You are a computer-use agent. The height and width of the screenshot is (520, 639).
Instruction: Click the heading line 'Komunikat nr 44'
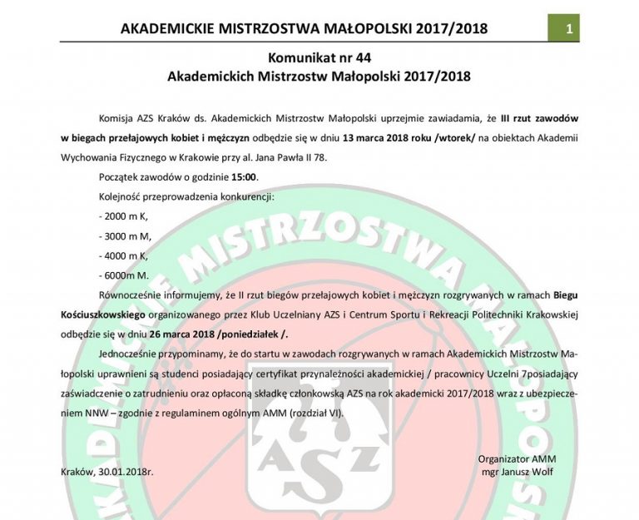point(319,57)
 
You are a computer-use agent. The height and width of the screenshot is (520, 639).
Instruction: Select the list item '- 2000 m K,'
point(122,216)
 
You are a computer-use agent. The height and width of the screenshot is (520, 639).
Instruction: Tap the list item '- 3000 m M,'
point(123,236)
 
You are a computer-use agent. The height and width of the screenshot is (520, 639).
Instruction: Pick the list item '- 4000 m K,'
point(122,255)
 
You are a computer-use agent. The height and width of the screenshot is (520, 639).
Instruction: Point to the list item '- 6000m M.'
point(122,275)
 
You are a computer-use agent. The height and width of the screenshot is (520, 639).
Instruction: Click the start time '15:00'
point(245,176)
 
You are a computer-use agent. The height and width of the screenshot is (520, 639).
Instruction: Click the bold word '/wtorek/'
point(461,136)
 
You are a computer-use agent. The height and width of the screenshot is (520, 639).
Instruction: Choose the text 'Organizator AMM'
point(517,458)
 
